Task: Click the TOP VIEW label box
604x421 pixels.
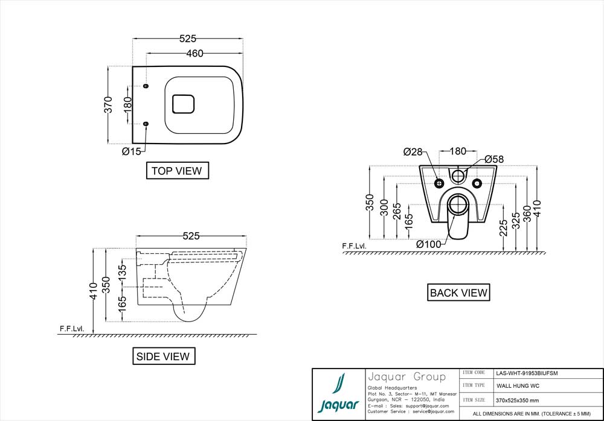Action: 177,171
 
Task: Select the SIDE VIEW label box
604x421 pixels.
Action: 164,356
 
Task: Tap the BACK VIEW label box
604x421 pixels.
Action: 458,293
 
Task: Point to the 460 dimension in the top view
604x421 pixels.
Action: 194,53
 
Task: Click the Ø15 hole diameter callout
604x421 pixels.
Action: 132,151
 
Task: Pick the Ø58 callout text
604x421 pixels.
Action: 493,159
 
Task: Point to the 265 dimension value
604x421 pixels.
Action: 397,211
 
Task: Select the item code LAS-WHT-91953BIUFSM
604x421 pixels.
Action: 526,373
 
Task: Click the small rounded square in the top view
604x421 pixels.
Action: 184,104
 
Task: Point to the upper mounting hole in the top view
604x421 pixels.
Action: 146,86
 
